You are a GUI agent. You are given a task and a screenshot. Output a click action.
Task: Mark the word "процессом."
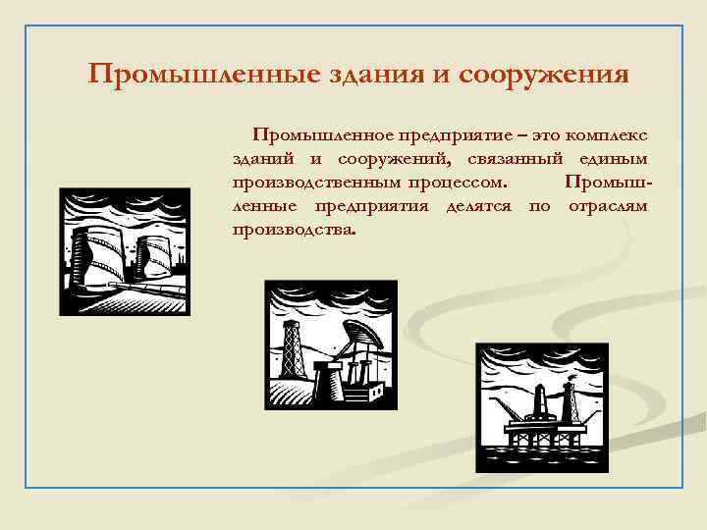click(458, 183)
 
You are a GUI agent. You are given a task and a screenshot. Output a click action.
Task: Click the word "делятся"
click(481, 206)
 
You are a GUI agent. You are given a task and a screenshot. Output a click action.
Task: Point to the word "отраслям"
click(608, 206)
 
